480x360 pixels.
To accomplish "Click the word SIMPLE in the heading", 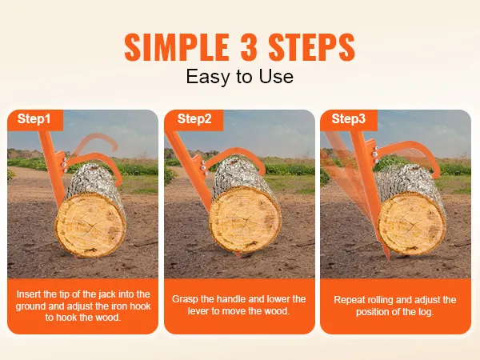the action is (x=178, y=47).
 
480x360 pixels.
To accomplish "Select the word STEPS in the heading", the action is (x=312, y=47).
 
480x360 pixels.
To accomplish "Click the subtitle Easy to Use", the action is (x=240, y=76).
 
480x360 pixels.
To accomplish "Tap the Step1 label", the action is (x=34, y=118).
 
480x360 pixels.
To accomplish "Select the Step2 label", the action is (x=194, y=118).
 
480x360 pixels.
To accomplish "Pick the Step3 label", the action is (x=348, y=118).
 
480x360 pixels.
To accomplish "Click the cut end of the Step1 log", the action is (x=90, y=225).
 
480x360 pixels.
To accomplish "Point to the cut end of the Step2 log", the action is (x=246, y=218).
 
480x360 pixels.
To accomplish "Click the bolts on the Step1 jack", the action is (x=66, y=166).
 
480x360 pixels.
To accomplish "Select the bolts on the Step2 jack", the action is (x=204, y=167).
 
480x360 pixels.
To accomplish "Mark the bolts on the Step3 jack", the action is (x=375, y=154).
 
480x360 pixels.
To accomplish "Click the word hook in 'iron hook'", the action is (x=140, y=306).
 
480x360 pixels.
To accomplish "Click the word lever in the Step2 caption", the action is (x=198, y=311).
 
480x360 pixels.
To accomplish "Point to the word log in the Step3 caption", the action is (x=426, y=312).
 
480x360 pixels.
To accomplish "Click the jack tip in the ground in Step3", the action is (x=388, y=256).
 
